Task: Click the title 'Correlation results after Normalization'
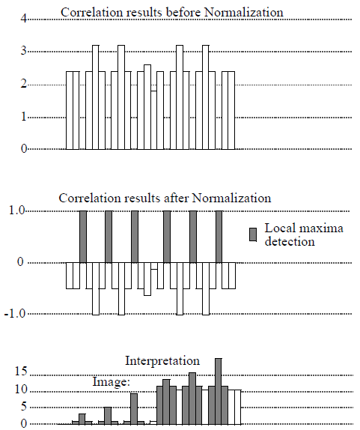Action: (165, 199)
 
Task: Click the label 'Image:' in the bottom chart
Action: (112, 381)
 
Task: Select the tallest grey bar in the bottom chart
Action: (219, 390)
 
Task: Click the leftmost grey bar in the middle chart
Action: (83, 237)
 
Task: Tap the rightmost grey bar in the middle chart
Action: (219, 237)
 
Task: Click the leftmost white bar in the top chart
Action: (73, 110)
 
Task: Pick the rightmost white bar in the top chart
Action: (228, 110)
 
